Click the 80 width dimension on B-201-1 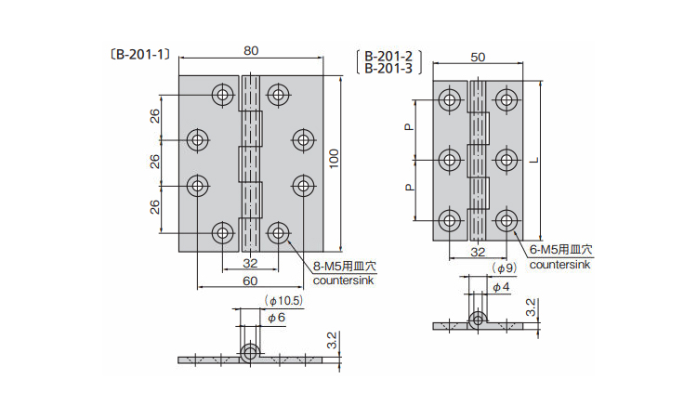coord(251,51)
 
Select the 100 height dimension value coord(335,163)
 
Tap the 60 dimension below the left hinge coord(251,280)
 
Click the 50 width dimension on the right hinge coord(478,58)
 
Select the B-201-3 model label coord(387,68)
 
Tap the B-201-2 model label coord(387,56)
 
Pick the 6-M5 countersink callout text coord(560,251)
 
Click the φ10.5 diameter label coord(284,301)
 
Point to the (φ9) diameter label coord(503,268)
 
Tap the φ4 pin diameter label coord(500,287)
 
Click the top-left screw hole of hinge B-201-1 coord(223,94)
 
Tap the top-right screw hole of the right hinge coord(506,98)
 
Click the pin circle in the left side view coord(250,353)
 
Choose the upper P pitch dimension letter coord(408,128)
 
